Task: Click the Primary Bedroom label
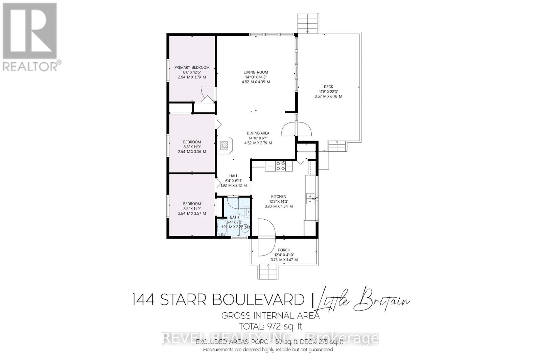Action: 192,67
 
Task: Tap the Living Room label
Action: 256,72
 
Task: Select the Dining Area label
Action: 258,133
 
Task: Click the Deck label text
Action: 328,87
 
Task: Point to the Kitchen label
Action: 279,197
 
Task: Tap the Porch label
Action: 284,250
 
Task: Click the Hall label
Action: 234,176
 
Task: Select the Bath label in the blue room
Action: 234,217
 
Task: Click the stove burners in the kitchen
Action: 281,165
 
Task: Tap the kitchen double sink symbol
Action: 310,199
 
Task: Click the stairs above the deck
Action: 307,24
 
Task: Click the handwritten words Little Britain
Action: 362,301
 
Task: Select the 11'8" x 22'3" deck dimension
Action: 328,91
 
